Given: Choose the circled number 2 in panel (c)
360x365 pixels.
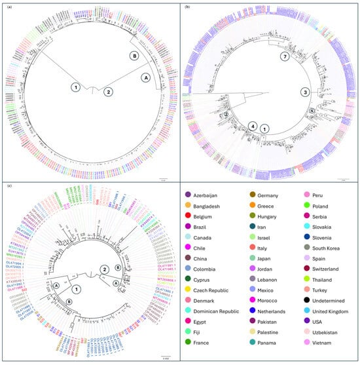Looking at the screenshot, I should pyautogui.click(x=103, y=269).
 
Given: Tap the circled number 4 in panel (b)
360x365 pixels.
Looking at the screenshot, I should pyautogui.click(x=252, y=126).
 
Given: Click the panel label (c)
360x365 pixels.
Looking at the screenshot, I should pyautogui.click(x=6, y=187).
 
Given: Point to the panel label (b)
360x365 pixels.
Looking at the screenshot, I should pyautogui.click(x=187, y=6).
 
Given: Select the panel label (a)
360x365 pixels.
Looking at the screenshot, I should pyautogui.click(x=6, y=6).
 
